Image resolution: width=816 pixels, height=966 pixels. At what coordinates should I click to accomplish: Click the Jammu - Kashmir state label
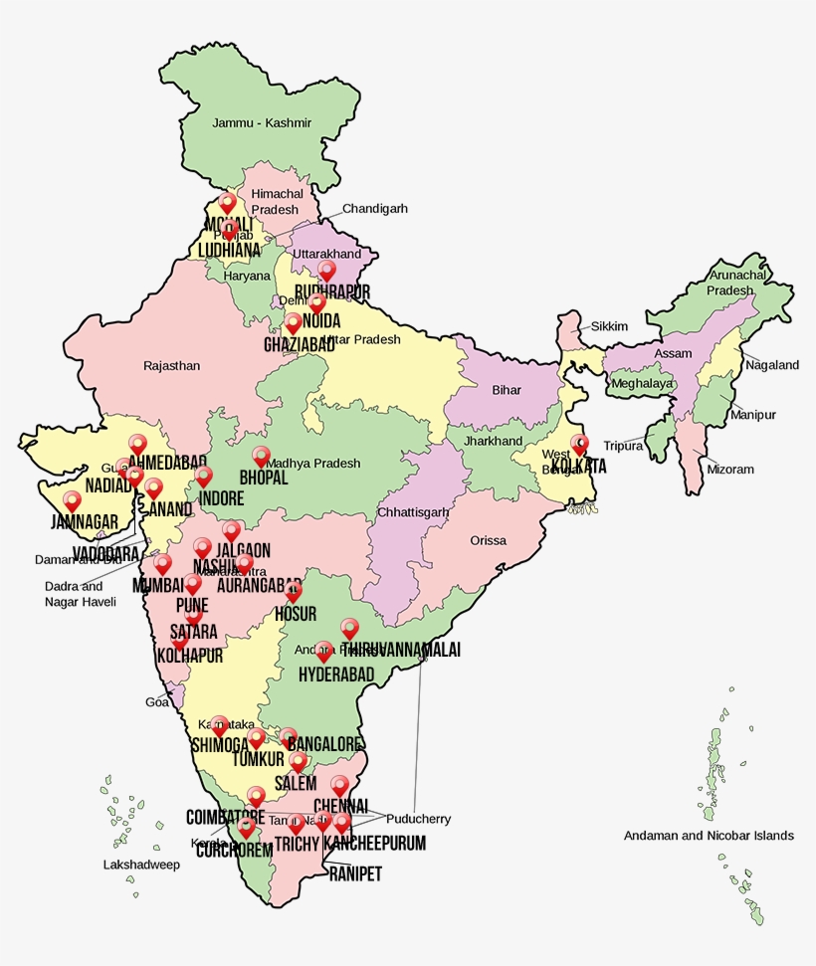(x=262, y=123)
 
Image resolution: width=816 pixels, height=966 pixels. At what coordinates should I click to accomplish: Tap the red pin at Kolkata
(x=579, y=444)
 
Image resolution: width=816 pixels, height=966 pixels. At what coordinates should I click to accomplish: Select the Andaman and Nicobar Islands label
(x=709, y=836)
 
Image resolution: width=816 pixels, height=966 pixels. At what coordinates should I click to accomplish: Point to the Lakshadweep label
(x=141, y=865)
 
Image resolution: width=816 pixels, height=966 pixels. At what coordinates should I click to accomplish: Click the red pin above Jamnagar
(x=72, y=500)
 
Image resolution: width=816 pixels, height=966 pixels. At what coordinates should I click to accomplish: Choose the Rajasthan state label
(x=171, y=366)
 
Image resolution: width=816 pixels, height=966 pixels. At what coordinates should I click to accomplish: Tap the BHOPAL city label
(x=263, y=479)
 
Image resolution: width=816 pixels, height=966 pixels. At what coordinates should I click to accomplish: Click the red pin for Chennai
(x=340, y=785)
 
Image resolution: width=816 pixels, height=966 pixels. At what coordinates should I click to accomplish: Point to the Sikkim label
(x=610, y=326)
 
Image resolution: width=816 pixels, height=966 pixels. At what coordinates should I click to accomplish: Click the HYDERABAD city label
(x=336, y=676)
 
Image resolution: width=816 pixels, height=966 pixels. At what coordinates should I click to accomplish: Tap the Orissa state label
(x=489, y=541)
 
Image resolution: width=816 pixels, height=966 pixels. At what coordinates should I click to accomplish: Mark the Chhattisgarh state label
(x=413, y=512)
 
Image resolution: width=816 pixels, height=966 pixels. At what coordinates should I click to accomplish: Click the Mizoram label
(x=730, y=470)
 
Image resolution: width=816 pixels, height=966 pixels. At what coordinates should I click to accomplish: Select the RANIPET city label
(x=355, y=874)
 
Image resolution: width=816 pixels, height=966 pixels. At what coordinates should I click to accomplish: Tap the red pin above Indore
(x=204, y=477)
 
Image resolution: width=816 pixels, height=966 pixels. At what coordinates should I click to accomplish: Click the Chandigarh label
(x=375, y=209)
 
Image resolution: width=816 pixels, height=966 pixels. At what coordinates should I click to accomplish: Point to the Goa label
(x=157, y=702)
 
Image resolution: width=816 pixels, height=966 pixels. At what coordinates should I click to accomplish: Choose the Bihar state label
(x=507, y=390)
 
